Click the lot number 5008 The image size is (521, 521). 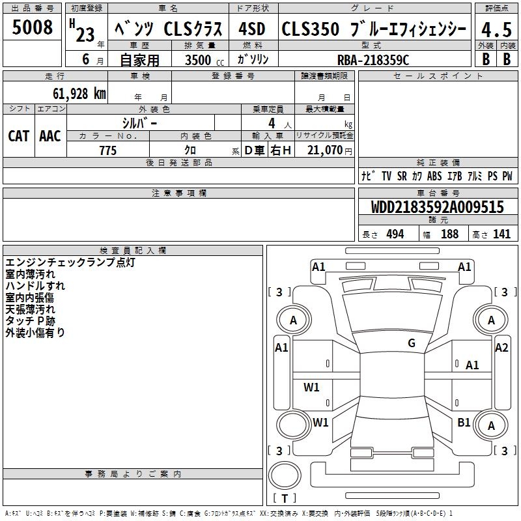(x=32, y=27)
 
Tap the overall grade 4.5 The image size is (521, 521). (x=496, y=29)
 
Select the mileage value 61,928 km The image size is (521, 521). (x=79, y=93)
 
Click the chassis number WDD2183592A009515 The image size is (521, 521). (x=437, y=206)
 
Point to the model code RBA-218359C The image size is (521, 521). (x=373, y=60)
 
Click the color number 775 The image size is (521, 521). (x=107, y=150)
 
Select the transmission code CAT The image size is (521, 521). (x=19, y=136)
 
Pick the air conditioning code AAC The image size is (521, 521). (x=50, y=136)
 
